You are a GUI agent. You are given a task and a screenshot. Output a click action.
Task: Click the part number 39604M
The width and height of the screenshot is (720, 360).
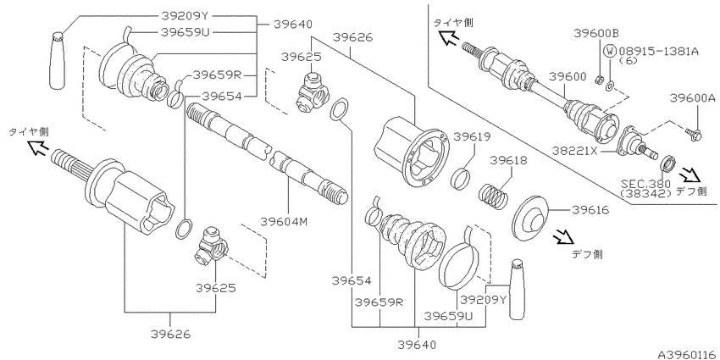point(283,221)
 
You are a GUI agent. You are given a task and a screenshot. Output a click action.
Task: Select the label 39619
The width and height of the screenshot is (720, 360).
point(472,137)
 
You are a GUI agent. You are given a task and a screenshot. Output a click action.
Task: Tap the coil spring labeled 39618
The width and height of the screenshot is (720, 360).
point(494,194)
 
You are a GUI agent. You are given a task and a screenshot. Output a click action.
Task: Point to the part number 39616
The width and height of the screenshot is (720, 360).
point(590,210)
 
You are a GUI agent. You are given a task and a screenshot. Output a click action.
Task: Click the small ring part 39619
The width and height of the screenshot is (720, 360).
point(460,178)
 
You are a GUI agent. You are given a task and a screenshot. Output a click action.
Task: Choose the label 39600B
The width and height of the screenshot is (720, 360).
point(596,33)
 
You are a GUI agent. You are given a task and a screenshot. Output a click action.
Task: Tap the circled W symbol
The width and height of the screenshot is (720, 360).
point(610,51)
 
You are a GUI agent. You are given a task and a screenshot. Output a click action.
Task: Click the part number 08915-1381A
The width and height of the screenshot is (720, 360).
point(658,51)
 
